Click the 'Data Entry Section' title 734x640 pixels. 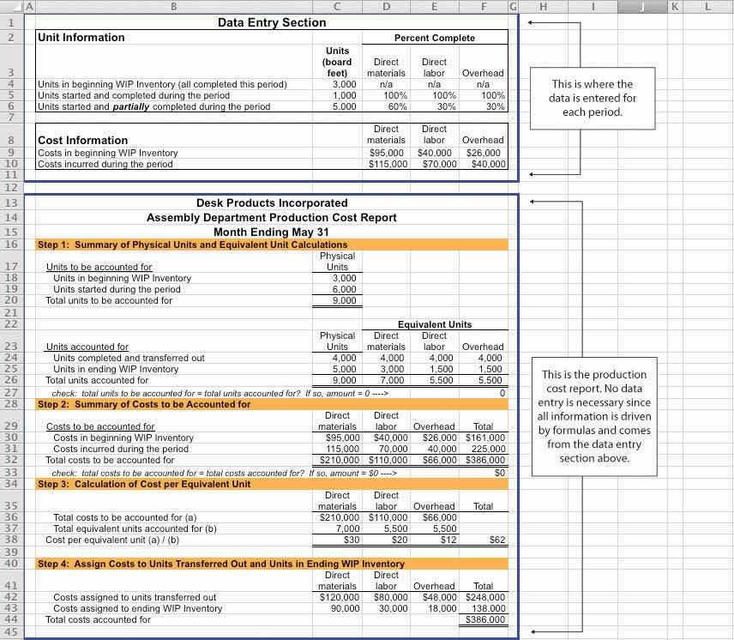click(x=271, y=23)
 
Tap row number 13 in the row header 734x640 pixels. click(x=11, y=203)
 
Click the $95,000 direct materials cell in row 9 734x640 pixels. click(x=388, y=153)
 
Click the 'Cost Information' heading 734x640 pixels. click(x=83, y=140)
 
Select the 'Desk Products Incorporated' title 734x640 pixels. click(x=272, y=203)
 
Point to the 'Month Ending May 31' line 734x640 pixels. click(x=271, y=232)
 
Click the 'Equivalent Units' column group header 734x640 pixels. click(x=434, y=324)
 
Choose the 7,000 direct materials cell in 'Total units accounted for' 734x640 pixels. click(x=392, y=380)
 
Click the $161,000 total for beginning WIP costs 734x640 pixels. click(x=485, y=438)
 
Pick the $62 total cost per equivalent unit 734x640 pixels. click(x=497, y=540)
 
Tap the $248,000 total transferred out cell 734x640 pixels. click(x=485, y=597)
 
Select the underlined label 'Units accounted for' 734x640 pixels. click(x=87, y=347)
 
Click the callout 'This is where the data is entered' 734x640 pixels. click(x=591, y=98)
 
